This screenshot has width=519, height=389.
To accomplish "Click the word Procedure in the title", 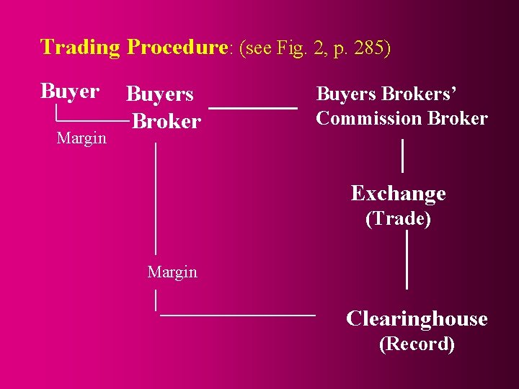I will [x=177, y=48].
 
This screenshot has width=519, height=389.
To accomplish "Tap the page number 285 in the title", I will [x=368, y=48].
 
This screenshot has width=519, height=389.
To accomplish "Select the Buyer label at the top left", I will [x=70, y=91].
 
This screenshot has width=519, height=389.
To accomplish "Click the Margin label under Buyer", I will [x=81, y=138].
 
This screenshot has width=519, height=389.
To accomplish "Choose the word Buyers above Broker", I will [x=159, y=94].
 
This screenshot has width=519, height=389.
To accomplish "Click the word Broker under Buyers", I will [x=167, y=121].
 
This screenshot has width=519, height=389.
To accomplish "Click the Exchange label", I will [x=398, y=193].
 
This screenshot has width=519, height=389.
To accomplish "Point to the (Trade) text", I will [x=398, y=218].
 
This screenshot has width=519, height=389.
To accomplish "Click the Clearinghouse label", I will [x=417, y=318].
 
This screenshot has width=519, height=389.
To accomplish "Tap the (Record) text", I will [x=417, y=344].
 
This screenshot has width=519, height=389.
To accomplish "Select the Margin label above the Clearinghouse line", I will [x=172, y=272].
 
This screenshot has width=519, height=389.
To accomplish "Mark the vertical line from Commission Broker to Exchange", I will [x=402, y=156].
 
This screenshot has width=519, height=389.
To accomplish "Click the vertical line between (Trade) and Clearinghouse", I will [x=407, y=259].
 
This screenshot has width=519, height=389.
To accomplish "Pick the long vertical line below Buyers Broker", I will [x=156, y=198].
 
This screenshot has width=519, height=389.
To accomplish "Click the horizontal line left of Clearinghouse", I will [x=237, y=315].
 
